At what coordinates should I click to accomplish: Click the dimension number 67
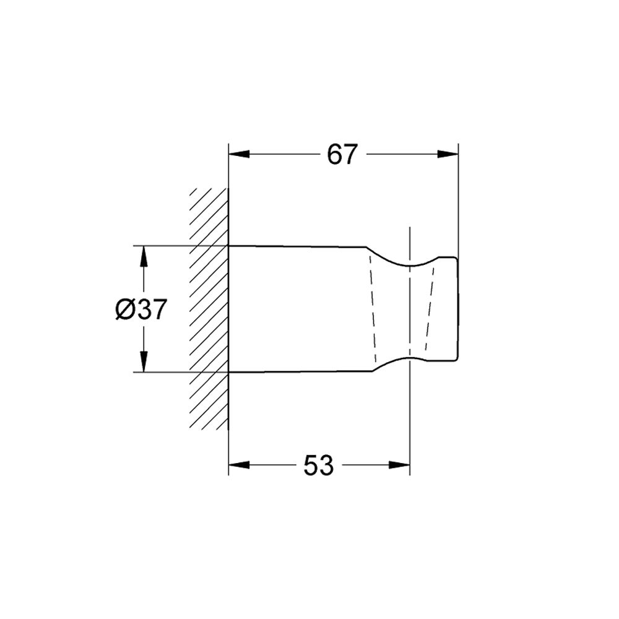[342, 154]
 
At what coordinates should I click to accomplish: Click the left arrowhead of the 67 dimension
[239, 154]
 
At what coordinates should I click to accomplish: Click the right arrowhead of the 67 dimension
[448, 154]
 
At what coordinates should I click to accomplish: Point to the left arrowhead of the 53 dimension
[239, 465]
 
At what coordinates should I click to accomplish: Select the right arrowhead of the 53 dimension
[399, 465]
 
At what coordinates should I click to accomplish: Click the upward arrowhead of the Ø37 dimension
[144, 256]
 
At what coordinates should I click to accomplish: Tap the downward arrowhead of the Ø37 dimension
[144, 361]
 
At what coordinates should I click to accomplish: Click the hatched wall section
[209, 308]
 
